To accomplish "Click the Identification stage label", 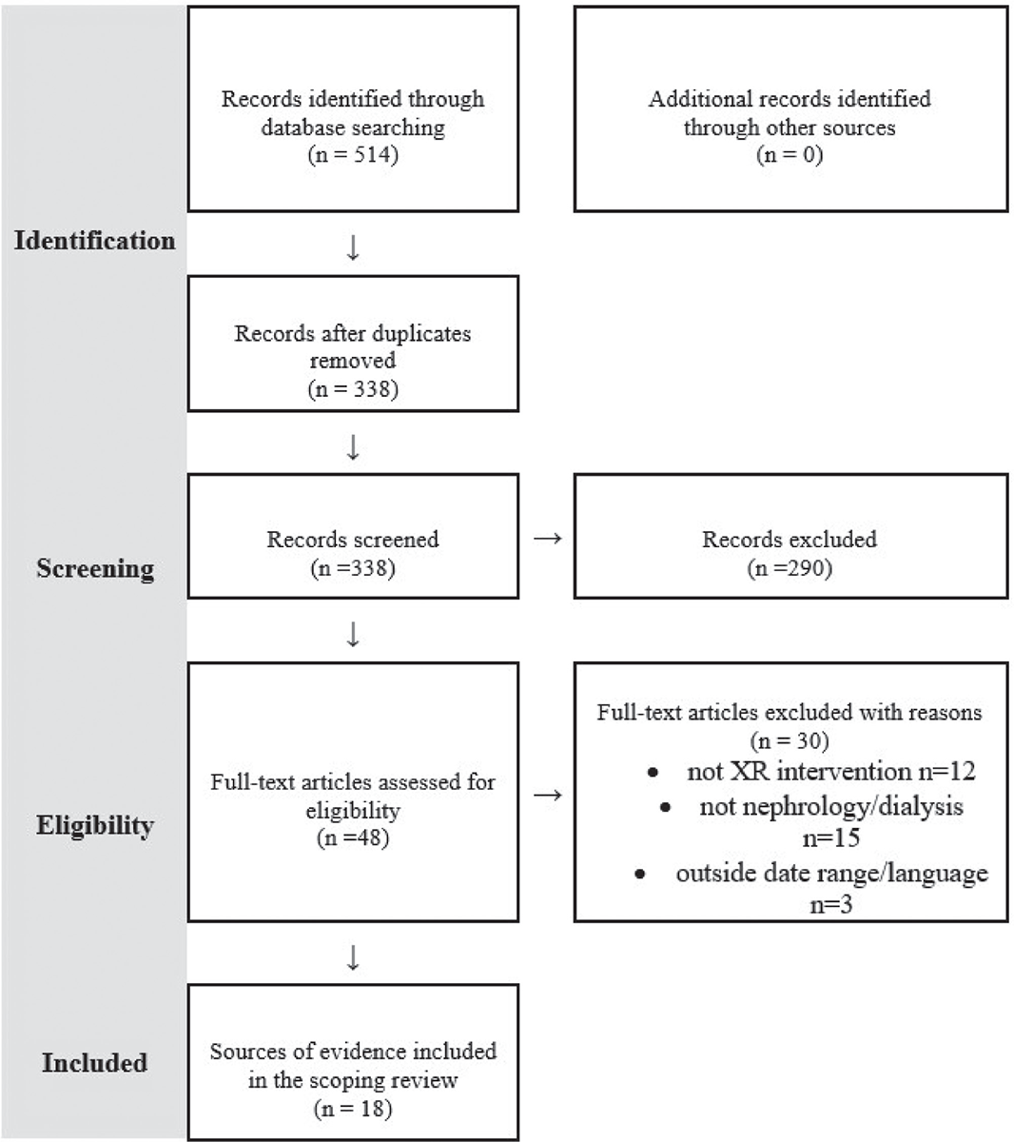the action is (x=94, y=241).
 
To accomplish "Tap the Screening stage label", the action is (x=95, y=568).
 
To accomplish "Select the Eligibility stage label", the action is (x=95, y=826).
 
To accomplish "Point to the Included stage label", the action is (x=94, y=1062).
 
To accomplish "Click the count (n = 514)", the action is (x=353, y=154).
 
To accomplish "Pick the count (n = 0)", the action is (x=790, y=154).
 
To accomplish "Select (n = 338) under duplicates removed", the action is (x=353, y=388).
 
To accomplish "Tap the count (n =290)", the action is (x=790, y=567).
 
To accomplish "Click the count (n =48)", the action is (x=353, y=837).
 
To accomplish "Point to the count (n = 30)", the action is (x=790, y=740).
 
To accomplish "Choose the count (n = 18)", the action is (x=353, y=1109).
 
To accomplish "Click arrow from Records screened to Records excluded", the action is (x=548, y=539).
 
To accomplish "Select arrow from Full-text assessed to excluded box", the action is (x=548, y=795).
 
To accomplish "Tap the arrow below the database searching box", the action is (x=353, y=247).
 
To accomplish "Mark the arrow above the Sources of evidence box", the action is (x=353, y=957).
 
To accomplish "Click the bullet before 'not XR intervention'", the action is (x=653, y=772).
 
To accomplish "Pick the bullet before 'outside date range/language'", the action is (x=640, y=875).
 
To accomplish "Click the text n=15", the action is (x=831, y=837).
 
